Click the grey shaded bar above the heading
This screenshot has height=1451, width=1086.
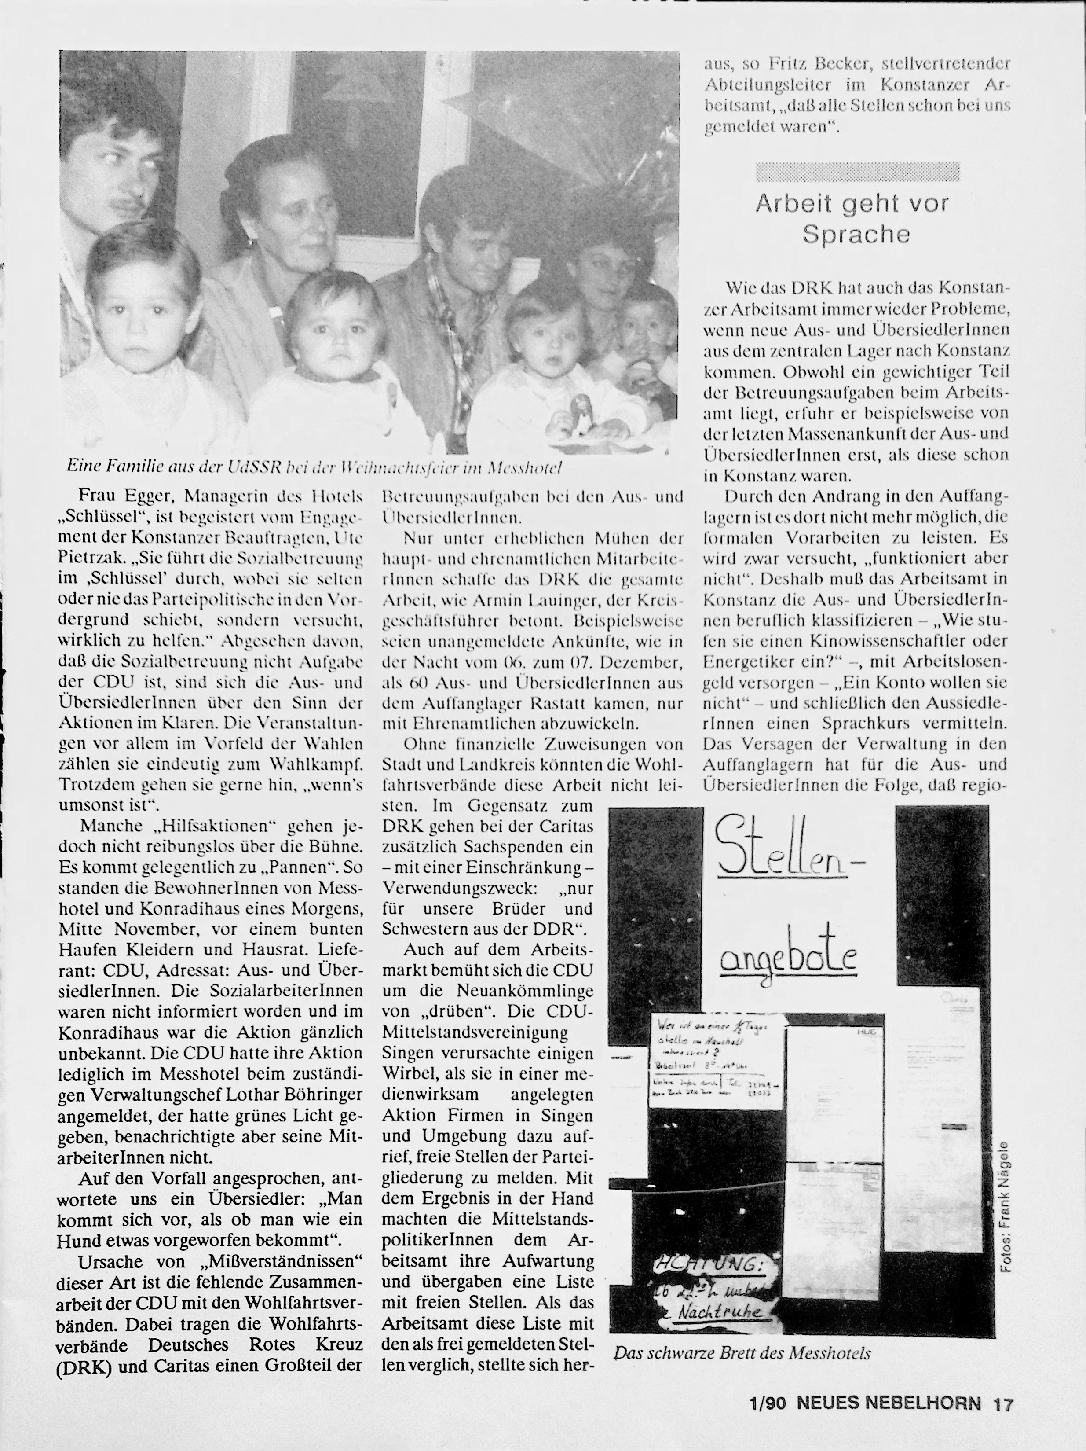point(857,172)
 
